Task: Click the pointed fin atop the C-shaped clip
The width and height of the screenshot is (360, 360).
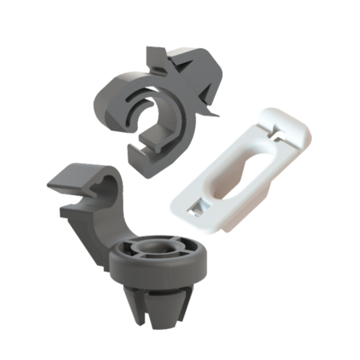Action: click(x=154, y=56)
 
